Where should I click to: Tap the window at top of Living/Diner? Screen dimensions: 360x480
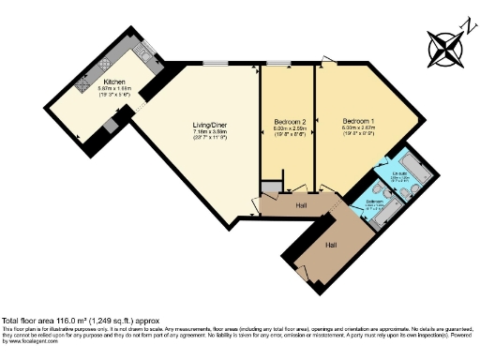(x=215, y=64)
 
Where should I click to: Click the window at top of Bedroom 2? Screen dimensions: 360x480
(x=277, y=64)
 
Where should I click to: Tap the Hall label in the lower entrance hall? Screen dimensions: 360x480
(x=331, y=245)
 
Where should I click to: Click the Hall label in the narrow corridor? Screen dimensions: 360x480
(x=300, y=204)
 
